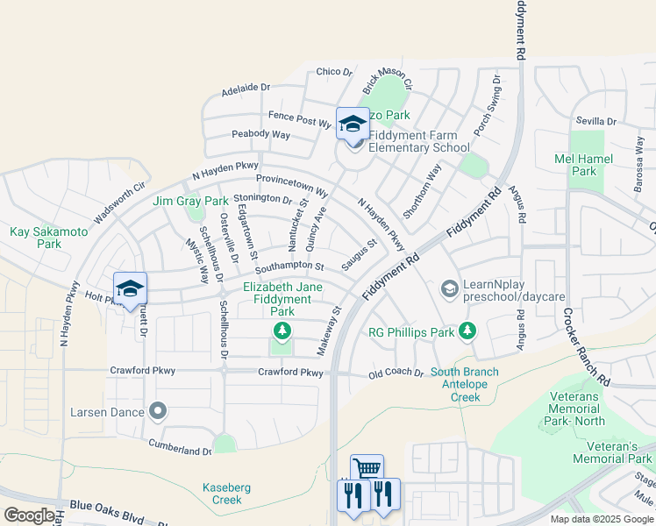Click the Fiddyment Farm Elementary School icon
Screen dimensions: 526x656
click(x=353, y=124)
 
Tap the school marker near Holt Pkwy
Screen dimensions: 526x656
click(x=130, y=288)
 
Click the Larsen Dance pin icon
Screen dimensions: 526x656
click(x=158, y=410)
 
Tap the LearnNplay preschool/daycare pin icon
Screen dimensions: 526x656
click(x=449, y=288)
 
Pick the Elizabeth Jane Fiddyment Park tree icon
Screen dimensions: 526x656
click(x=282, y=331)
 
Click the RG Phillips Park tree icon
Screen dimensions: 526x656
click(x=467, y=331)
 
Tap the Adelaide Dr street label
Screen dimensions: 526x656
click(x=246, y=89)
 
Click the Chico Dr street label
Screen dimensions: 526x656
click(x=333, y=72)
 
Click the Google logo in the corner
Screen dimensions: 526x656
click(x=29, y=515)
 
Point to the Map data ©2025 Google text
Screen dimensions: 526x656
click(x=602, y=519)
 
